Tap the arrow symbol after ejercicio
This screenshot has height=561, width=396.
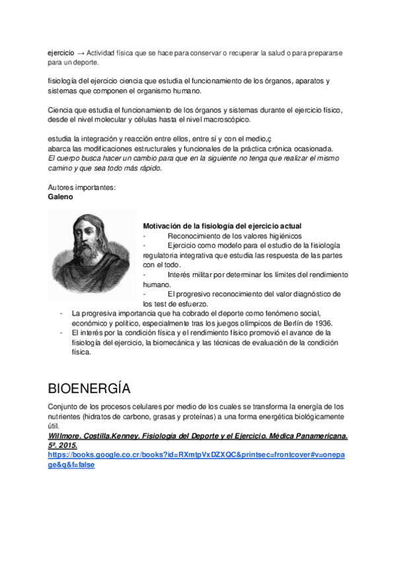pyautogui.click(x=81, y=52)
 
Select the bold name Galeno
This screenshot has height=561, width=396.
pyautogui.click(x=61, y=197)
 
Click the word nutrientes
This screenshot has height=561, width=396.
pyautogui.click(x=65, y=417)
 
